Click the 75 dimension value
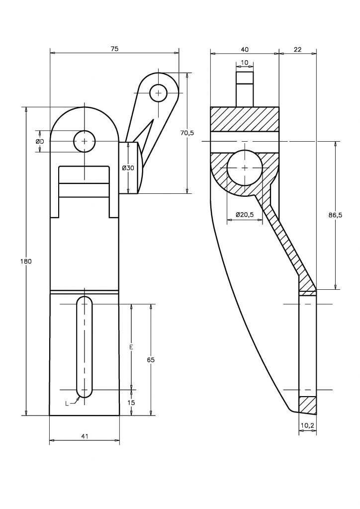(114, 49)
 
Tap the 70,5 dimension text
(186, 132)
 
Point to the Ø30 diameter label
(128, 168)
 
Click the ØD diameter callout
(40, 141)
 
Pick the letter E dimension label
(131, 347)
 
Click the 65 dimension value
(151, 360)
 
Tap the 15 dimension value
(131, 403)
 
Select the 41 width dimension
(85, 436)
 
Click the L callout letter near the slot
(67, 404)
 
